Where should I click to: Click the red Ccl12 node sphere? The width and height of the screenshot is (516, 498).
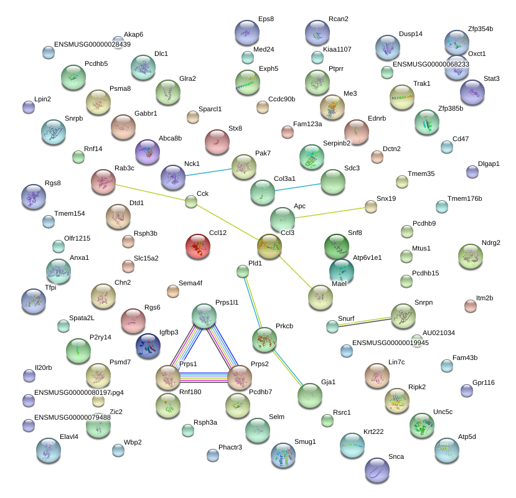pyautogui.click(x=198, y=246)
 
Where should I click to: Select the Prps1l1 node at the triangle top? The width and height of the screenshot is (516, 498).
pyautogui.click(x=204, y=316)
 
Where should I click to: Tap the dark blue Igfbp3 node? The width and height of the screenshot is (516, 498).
pyautogui.click(x=148, y=346)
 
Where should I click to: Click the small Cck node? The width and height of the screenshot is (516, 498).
pyautogui.click(x=191, y=201)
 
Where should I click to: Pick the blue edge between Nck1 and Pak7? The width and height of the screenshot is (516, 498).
pyautogui.click(x=209, y=172)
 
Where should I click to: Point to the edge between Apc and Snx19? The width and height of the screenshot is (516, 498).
pyautogui.click(x=330, y=213)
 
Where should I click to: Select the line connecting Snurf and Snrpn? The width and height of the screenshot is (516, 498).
pyautogui.click(x=365, y=321)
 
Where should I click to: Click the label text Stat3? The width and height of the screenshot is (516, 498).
pyautogui.click(x=491, y=78)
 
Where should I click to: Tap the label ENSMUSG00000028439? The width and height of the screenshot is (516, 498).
pyautogui.click(x=92, y=44)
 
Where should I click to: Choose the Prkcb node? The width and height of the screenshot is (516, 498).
pyautogui.click(x=265, y=339)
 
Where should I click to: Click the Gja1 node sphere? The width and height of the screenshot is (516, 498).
pyautogui.click(x=310, y=395)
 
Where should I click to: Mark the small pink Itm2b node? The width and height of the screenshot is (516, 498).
pyautogui.click(x=471, y=306)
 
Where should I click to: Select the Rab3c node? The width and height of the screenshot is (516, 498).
pyautogui.click(x=103, y=182)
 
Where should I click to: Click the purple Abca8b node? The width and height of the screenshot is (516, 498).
pyautogui.click(x=148, y=152)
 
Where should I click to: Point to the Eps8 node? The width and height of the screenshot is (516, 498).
pyautogui.click(x=247, y=32)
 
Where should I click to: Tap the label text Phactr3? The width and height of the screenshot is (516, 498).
pyautogui.click(x=230, y=448)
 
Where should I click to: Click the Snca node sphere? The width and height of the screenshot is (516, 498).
pyautogui.click(x=377, y=470)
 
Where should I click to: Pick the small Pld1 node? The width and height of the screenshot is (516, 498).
pyautogui.click(x=243, y=272)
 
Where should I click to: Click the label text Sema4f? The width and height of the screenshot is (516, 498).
pyautogui.click(x=190, y=283)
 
